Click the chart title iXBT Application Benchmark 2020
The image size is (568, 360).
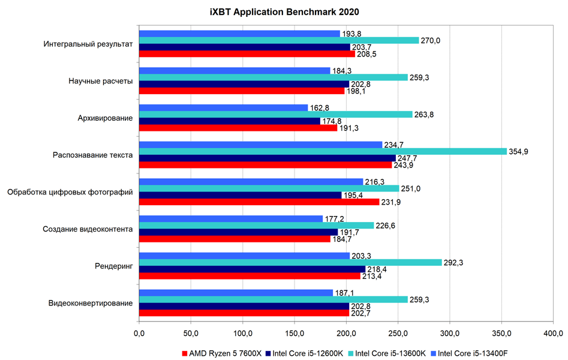click(284, 12)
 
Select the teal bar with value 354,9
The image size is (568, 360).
click(323, 151)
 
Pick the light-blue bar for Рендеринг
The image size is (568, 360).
click(244, 256)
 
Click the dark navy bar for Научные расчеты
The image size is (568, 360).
click(244, 84)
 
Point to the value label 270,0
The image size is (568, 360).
click(433, 40)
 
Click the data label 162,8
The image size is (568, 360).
click(322, 108)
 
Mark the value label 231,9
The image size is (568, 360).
click(393, 202)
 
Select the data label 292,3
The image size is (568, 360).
click(456, 262)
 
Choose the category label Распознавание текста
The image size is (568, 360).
click(93, 155)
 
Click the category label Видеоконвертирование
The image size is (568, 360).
click(91, 303)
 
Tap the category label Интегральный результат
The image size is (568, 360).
click(88, 44)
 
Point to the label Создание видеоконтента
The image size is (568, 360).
click(88, 229)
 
